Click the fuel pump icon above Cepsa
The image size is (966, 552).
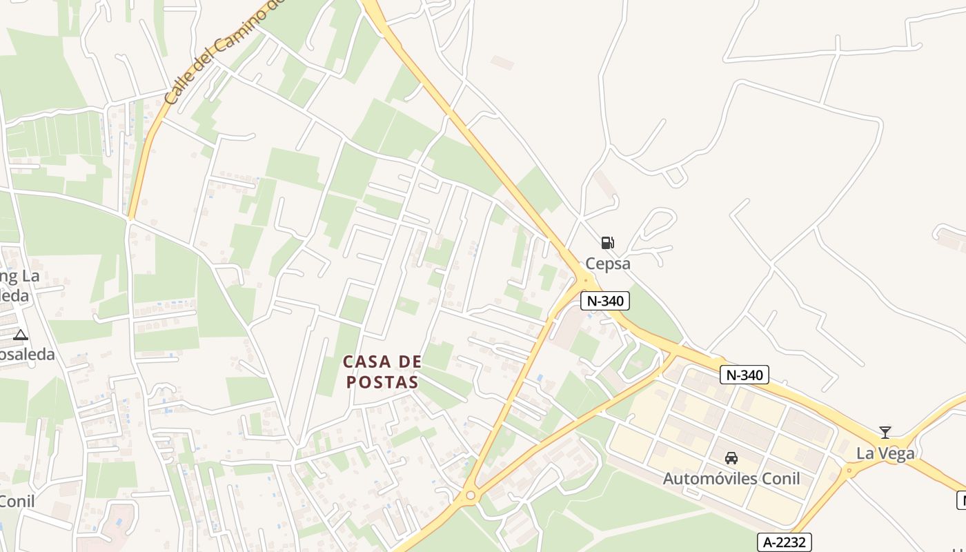click(607, 242)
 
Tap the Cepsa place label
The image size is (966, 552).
click(608, 264)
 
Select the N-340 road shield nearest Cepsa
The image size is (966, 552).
click(605, 301)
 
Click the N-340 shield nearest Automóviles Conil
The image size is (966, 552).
click(744, 375)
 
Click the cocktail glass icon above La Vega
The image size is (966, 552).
click(885, 433)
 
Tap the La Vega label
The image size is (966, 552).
click(885, 453)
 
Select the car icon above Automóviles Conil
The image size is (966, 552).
click(731, 457)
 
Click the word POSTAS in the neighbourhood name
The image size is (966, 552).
click(382, 382)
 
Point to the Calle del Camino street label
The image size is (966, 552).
click(221, 55)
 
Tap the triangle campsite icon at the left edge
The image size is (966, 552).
click(21, 335)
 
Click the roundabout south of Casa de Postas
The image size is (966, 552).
click(471, 495)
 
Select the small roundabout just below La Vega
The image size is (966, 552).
click(849, 471)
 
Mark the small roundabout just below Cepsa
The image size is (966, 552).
click(586, 279)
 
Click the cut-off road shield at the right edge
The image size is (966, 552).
click(961, 500)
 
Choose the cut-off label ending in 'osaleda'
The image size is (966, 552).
click(28, 355)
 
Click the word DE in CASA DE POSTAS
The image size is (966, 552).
click(410, 362)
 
